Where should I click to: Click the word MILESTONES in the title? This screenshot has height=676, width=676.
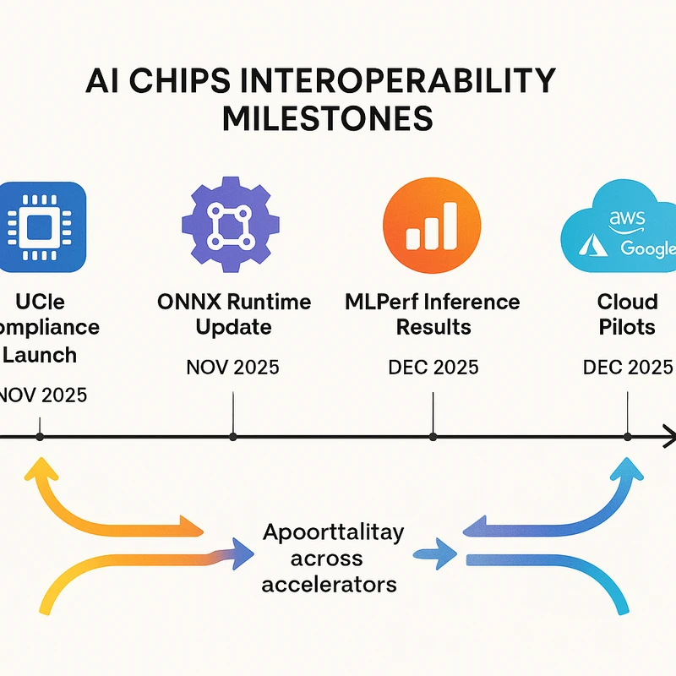[x=327, y=117]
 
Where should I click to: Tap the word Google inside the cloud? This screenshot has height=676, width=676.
[x=648, y=248]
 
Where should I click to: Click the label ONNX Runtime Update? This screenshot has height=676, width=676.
[x=234, y=313]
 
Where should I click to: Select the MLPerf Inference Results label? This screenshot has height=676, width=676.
[x=433, y=313]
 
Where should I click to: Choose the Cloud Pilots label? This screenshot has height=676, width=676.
[x=627, y=313]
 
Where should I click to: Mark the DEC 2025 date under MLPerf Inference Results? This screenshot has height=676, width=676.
[x=433, y=368]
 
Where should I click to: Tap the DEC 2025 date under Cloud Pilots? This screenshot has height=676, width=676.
[x=628, y=368]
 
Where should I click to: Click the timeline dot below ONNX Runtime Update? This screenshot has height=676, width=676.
[x=233, y=437]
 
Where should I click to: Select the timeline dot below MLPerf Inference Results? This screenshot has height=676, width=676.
[x=433, y=437]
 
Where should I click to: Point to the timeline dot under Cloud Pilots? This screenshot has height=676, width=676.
[x=627, y=437]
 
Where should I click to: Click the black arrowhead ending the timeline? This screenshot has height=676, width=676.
[x=668, y=437]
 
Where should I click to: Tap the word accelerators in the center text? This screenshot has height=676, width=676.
[x=330, y=583]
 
